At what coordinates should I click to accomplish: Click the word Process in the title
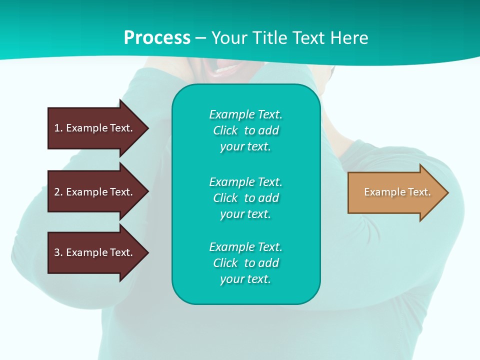point(157,38)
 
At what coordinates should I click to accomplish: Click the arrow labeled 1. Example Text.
point(95,128)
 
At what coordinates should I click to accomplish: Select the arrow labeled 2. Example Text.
point(95,192)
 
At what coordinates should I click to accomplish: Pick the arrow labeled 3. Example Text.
point(95,252)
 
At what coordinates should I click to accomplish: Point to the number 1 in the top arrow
point(57,128)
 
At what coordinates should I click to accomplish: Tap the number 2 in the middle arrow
point(57,192)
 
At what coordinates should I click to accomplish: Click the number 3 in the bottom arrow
point(57,252)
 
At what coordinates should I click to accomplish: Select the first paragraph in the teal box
point(245,130)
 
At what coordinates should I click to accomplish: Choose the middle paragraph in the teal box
point(245,197)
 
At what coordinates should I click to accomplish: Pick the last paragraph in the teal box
point(245,263)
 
